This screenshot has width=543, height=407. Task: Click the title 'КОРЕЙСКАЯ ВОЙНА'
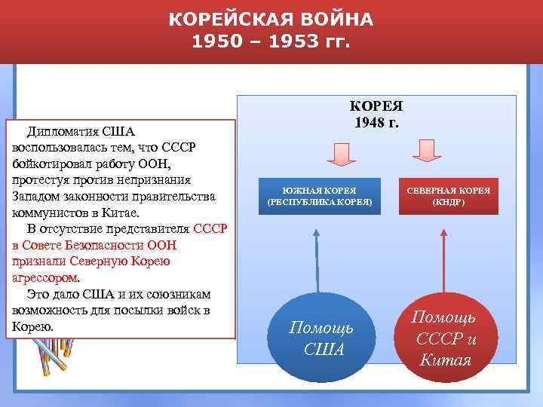click(x=271, y=19)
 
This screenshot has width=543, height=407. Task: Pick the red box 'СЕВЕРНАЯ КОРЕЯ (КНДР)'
click(x=449, y=196)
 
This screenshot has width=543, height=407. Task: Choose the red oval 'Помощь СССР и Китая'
click(x=445, y=338)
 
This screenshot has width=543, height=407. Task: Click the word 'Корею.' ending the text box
click(x=32, y=326)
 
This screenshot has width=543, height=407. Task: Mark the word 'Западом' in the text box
click(x=35, y=196)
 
